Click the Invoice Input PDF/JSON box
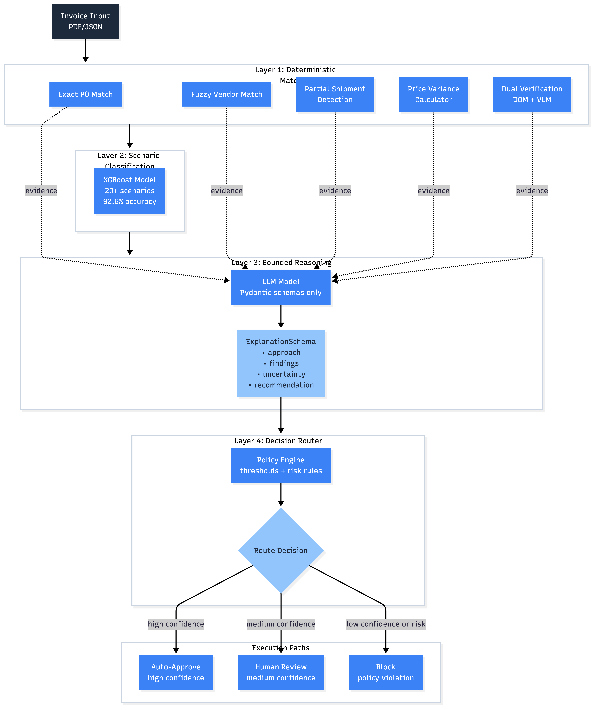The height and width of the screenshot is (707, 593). click(86, 22)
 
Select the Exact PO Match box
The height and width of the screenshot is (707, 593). click(86, 94)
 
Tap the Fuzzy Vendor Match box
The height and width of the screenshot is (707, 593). click(226, 94)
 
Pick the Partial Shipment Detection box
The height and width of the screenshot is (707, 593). click(335, 94)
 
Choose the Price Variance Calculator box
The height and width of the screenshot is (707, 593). click(433, 94)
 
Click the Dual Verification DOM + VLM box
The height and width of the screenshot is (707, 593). click(532, 94)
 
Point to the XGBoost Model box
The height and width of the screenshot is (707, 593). click(130, 191)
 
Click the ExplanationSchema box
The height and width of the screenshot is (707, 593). click(281, 363)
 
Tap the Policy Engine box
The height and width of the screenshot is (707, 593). click(281, 465)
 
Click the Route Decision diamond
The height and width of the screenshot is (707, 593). click(281, 550)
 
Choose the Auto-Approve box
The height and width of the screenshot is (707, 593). click(176, 672)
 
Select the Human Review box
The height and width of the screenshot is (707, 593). click(281, 672)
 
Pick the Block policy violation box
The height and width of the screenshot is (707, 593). click(386, 672)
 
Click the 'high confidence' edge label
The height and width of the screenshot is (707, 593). click(176, 624)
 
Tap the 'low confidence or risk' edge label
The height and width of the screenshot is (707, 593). click(386, 624)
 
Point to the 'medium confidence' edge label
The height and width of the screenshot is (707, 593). click(281, 624)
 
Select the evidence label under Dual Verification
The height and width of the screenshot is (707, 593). click(532, 191)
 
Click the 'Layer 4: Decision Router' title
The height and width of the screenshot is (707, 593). click(278, 441)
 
